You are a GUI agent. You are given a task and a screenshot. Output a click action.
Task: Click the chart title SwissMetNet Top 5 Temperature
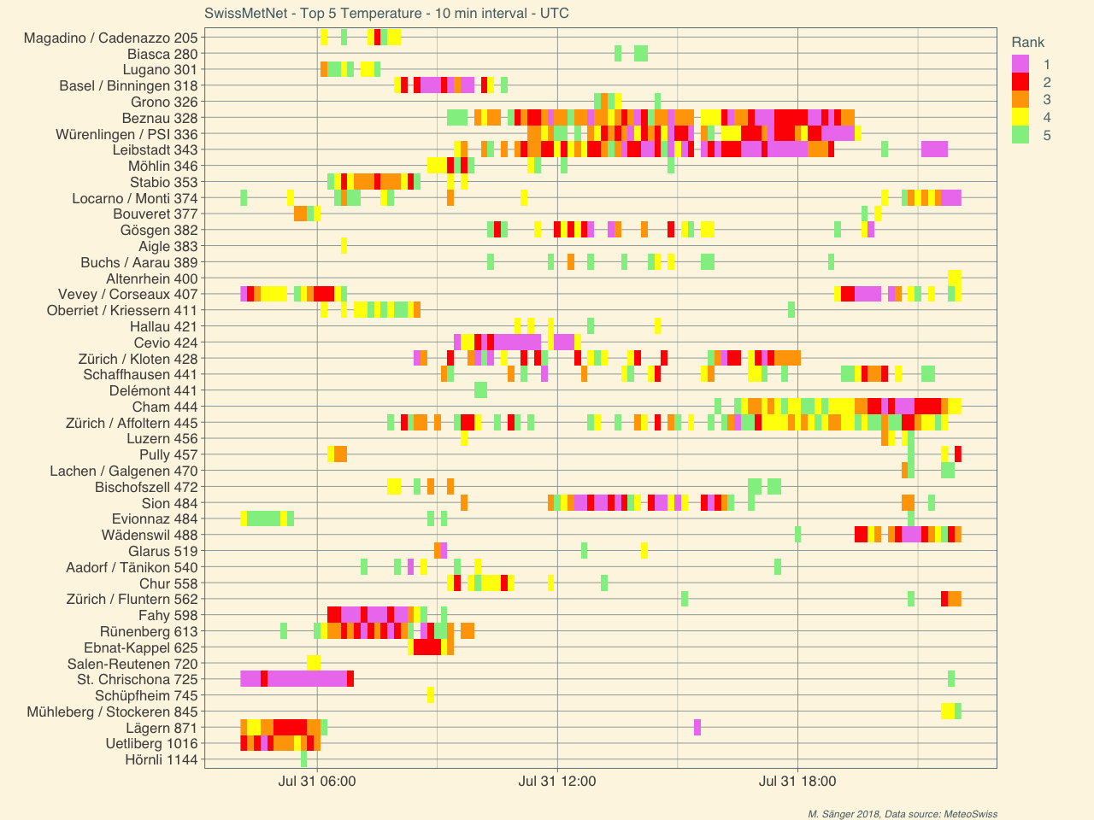tap(386, 13)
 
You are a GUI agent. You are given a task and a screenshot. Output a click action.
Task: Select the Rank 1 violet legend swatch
tap(1020, 64)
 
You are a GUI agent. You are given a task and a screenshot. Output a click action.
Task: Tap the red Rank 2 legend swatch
tap(1020, 82)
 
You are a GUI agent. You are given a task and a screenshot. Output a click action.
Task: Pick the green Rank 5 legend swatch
tap(1020, 135)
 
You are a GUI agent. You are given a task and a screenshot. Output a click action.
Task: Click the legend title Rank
tap(1027, 42)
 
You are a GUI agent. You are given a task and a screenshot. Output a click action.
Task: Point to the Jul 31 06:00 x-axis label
tap(317, 781)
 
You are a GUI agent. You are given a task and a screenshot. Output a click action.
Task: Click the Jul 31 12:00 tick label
tap(557, 781)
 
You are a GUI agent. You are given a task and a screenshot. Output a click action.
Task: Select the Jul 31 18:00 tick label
tap(797, 781)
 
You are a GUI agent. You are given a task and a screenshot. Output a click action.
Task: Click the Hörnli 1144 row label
tap(161, 759)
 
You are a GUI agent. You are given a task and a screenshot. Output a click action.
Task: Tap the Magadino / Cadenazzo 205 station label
tap(111, 38)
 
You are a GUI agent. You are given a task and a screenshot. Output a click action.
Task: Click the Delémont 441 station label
tap(153, 390)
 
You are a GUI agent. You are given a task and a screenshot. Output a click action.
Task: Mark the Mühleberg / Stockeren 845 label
tap(112, 712)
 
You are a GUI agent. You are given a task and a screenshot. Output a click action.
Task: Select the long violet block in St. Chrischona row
tap(307, 679)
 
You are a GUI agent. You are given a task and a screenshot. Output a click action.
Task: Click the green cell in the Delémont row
tap(480, 390)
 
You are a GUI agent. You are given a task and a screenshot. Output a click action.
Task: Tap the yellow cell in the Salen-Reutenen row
tap(314, 663)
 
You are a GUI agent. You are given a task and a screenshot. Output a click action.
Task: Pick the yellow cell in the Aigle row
tap(344, 246)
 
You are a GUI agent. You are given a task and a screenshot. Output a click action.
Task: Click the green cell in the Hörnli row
tap(303, 759)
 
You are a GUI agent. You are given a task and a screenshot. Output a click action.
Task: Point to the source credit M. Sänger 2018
tap(903, 814)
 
